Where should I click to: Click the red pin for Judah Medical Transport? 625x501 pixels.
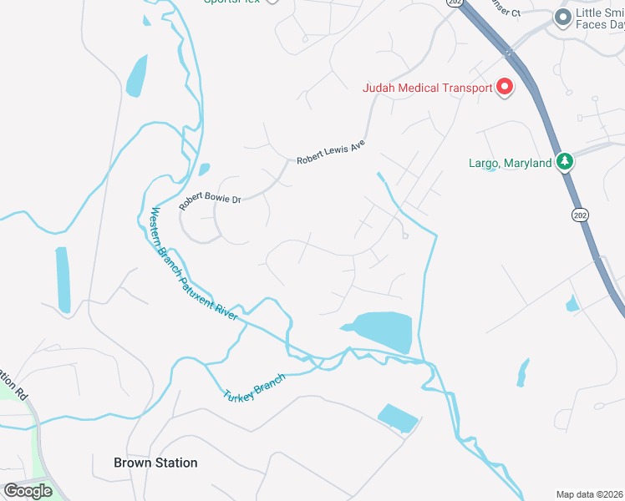click(x=505, y=87)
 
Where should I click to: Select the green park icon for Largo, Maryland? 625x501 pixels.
click(x=565, y=161)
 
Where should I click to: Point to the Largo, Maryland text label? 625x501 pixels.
click(x=509, y=163)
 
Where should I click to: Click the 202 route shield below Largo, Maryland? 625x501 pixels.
click(x=577, y=215)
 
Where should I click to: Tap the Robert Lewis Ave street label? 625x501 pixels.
click(x=332, y=150)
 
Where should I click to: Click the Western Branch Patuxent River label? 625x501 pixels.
click(x=193, y=264)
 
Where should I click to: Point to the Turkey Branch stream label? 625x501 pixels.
click(x=254, y=386)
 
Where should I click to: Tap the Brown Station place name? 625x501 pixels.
click(x=155, y=463)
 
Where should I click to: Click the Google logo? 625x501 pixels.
click(x=28, y=491)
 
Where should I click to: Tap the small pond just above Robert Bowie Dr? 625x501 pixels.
click(x=204, y=170)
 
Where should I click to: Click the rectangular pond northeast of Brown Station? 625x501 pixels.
click(x=397, y=417)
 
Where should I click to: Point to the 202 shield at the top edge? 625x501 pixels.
click(x=454, y=3)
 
